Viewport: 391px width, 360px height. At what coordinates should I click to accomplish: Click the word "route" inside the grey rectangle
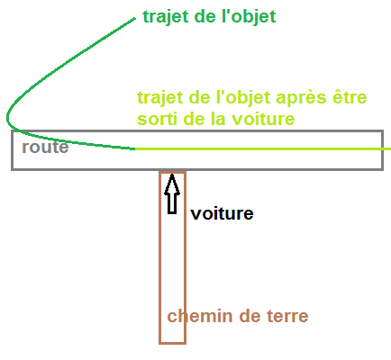[x=45, y=147]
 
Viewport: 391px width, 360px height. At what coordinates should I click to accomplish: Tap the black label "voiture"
[x=222, y=213]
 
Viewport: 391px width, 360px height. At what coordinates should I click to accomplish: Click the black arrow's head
[x=172, y=184]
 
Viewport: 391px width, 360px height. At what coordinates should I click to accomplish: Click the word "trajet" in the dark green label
[x=166, y=17]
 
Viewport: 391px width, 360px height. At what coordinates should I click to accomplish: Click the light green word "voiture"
[x=263, y=119]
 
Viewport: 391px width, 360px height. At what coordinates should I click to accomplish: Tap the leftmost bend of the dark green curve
[x=7, y=118]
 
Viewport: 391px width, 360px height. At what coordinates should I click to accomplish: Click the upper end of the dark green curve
[x=135, y=19]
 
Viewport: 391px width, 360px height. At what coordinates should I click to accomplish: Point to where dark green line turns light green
[x=134, y=148]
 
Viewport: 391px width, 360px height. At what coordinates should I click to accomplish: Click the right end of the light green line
[x=390, y=148]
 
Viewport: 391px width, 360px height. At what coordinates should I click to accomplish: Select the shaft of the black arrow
[x=172, y=203]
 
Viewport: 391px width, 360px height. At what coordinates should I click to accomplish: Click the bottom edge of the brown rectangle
[x=172, y=343]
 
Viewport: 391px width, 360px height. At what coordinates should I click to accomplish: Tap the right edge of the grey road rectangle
[x=383, y=150]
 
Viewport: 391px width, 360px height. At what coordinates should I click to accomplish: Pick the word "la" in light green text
[x=218, y=119]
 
